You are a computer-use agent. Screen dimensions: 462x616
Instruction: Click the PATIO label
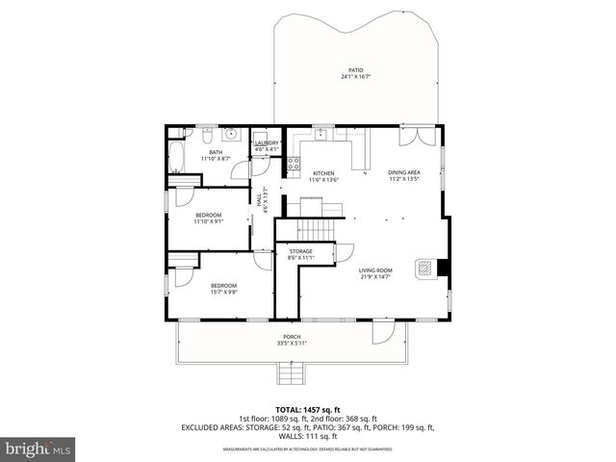[x=357, y=70]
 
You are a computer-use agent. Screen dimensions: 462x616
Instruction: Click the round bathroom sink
[x=232, y=134]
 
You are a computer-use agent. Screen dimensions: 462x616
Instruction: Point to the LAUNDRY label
[x=267, y=142]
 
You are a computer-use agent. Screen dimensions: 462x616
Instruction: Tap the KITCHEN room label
[x=322, y=173]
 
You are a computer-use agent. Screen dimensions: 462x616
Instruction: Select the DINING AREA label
[x=404, y=171]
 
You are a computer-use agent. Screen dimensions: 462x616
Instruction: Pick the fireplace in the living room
[x=425, y=269]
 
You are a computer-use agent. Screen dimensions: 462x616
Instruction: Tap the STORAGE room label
[x=300, y=252]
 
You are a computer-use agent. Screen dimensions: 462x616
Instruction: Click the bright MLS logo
[x=38, y=449]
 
